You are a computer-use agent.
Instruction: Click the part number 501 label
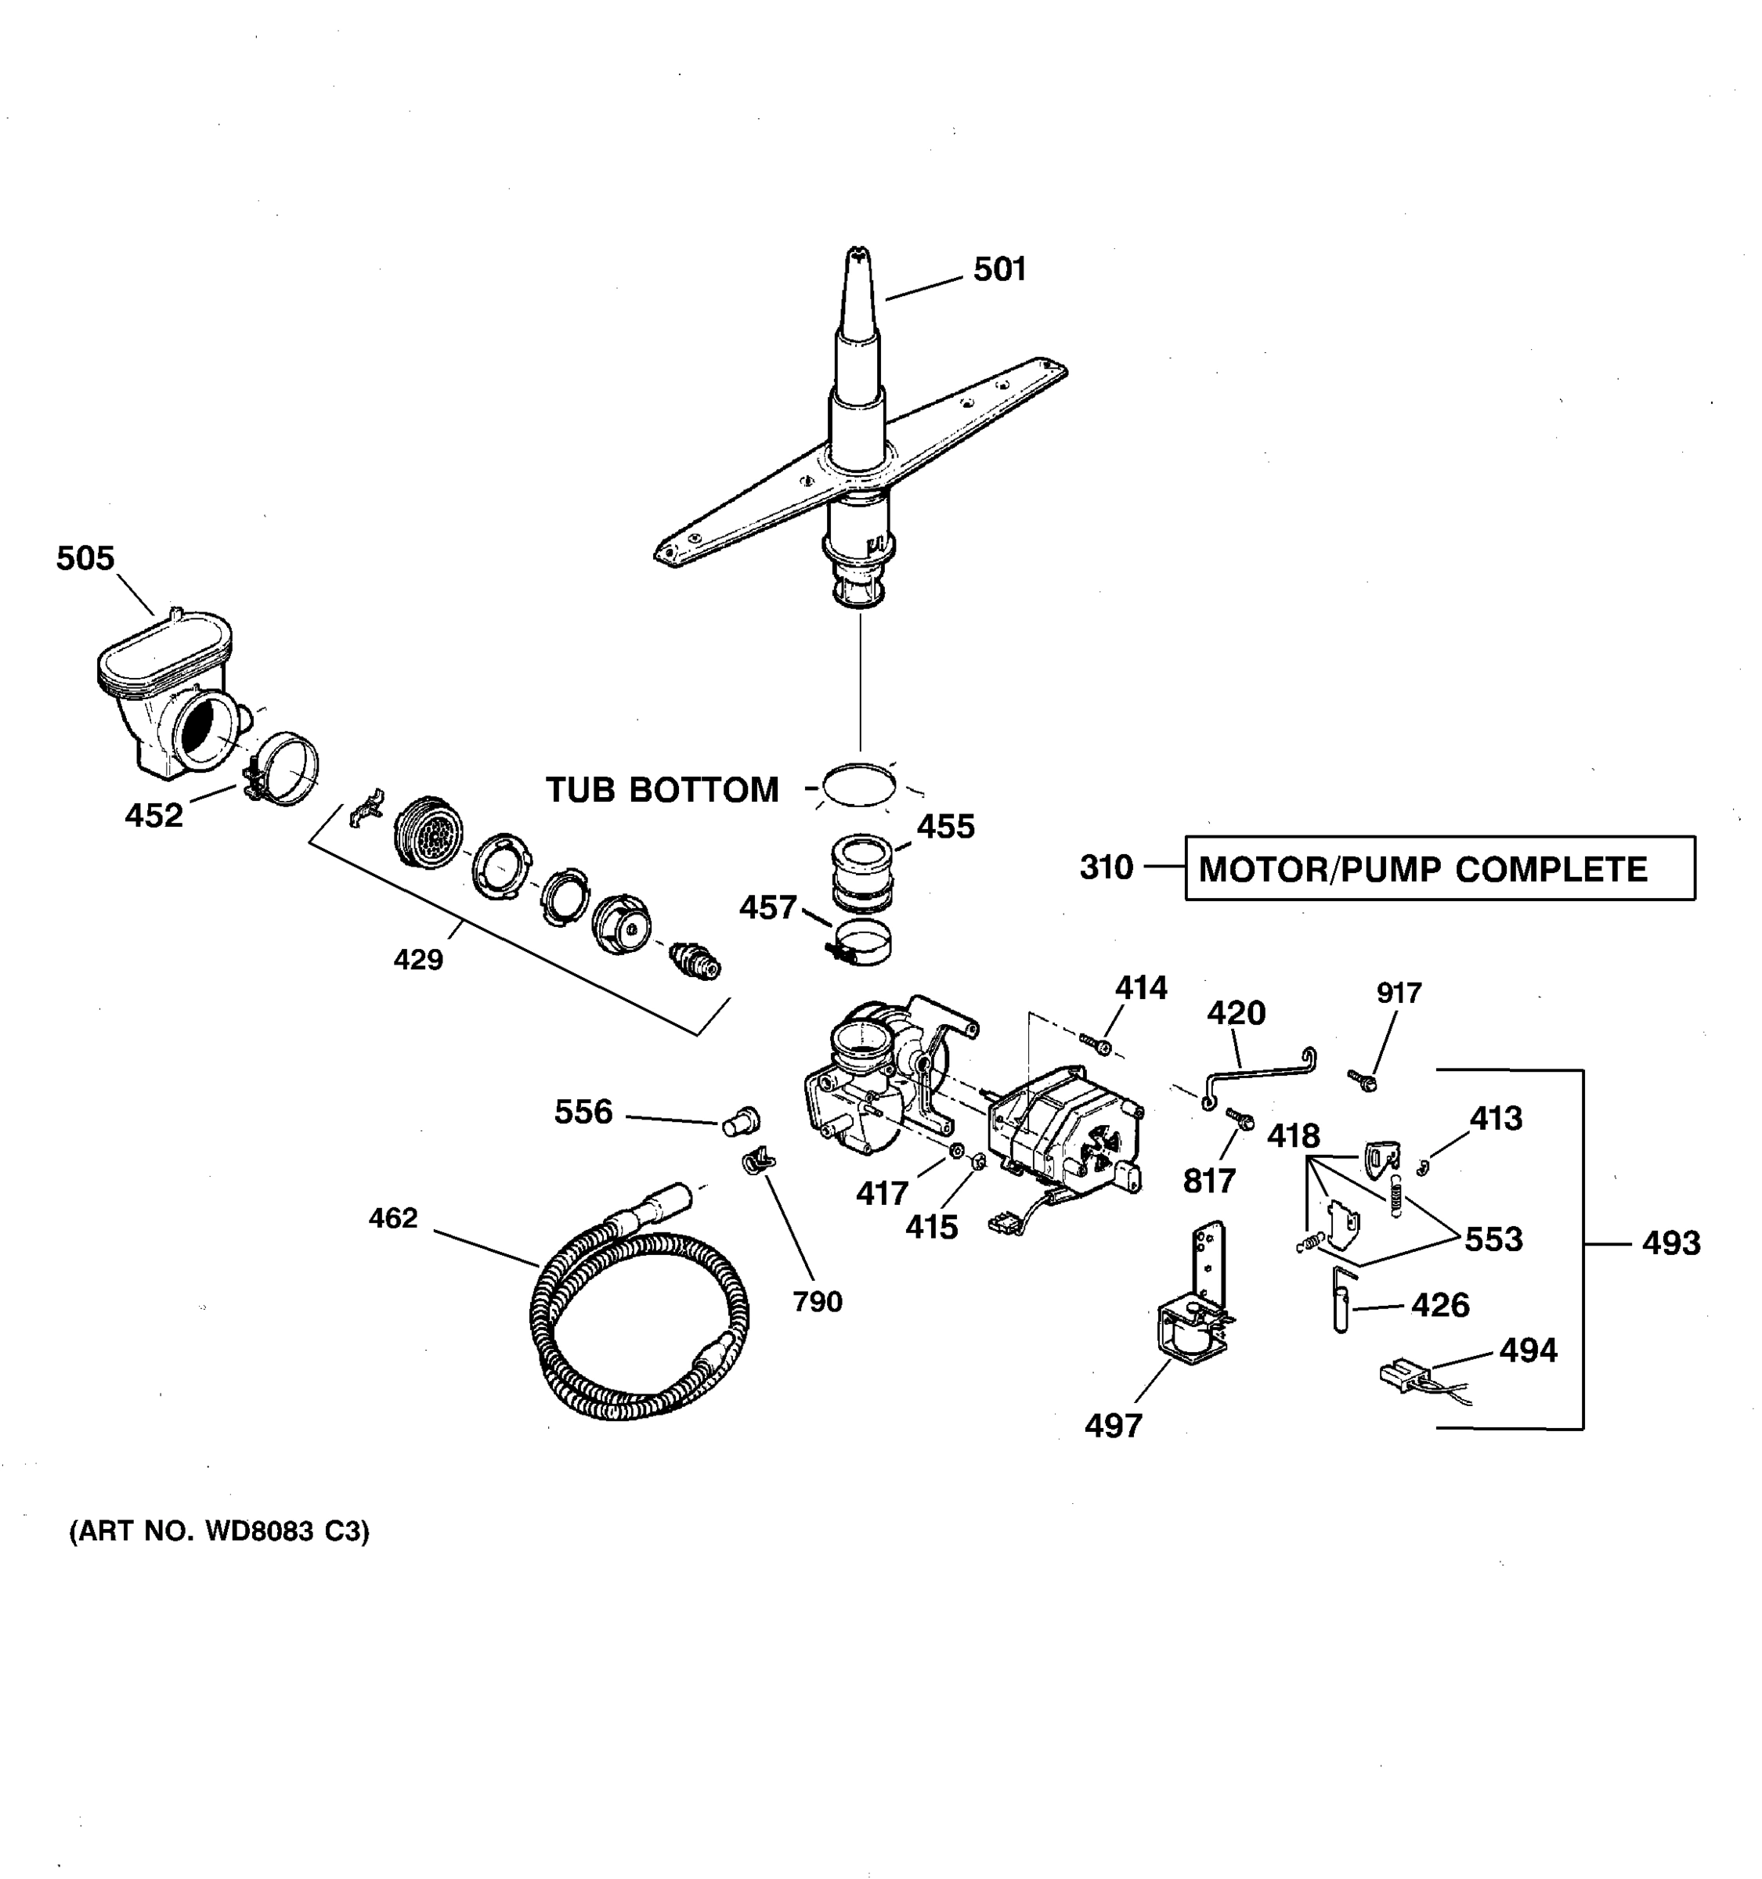pyautogui.click(x=999, y=269)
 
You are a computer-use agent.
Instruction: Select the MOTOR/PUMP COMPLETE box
pyautogui.click(x=1439, y=867)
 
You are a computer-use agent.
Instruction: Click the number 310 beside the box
pyautogui.click(x=1106, y=867)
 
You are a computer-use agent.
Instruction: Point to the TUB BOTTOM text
pyautogui.click(x=662, y=789)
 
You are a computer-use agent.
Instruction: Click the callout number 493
pyautogui.click(x=1670, y=1243)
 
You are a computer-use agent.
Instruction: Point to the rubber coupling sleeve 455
pyautogui.click(x=861, y=870)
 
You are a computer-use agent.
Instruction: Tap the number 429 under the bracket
pyautogui.click(x=418, y=959)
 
